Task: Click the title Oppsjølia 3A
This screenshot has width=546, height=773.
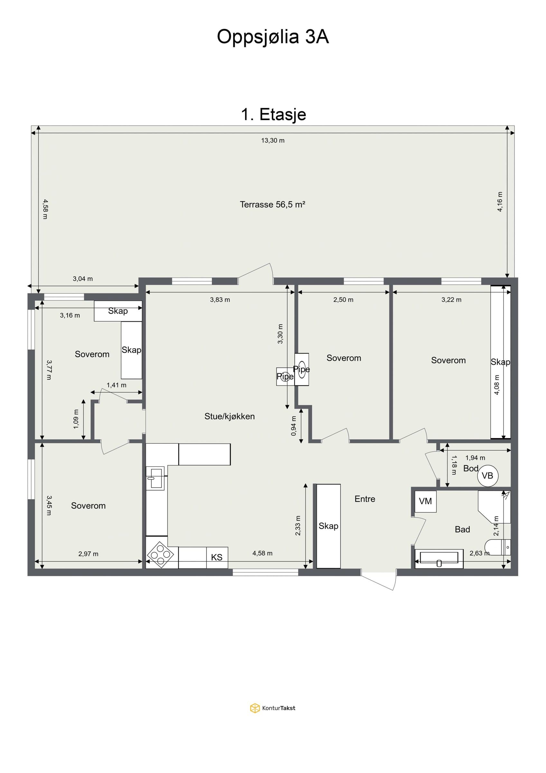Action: point(273,37)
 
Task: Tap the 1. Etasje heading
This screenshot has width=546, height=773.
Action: point(274,114)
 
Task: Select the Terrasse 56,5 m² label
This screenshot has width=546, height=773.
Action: point(272,204)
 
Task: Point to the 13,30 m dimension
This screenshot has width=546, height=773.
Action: point(273,140)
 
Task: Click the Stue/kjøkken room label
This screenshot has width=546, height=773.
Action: point(230,416)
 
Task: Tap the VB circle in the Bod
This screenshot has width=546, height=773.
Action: point(487,476)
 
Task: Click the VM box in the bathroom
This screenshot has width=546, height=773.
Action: point(425,501)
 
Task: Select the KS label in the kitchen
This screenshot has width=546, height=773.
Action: point(217,557)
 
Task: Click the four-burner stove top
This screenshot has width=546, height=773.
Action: point(160,555)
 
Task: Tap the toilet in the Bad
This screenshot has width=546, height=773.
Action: point(498,547)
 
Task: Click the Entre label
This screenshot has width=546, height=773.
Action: point(365,499)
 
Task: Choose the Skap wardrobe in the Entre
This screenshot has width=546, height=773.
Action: point(329,526)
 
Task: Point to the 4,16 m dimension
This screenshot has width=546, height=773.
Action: point(500,202)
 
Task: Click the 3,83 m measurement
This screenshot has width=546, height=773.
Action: point(220,300)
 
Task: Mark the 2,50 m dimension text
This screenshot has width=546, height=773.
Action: point(344,300)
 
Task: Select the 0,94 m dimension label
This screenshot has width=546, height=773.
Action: point(294,426)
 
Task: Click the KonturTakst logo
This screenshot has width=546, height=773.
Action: point(273,708)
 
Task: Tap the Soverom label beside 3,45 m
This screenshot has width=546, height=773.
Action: point(88,506)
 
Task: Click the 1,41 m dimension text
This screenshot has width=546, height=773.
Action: point(117,385)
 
